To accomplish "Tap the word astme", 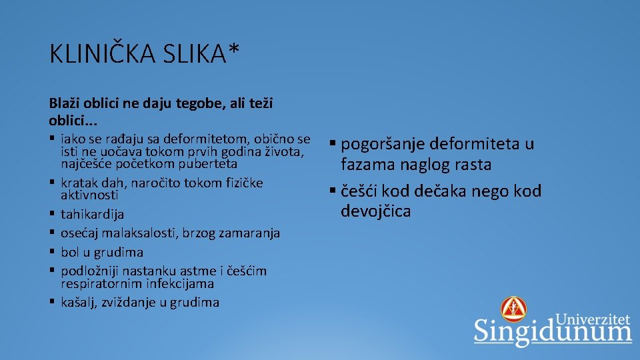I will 195,271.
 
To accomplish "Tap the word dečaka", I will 443,191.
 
